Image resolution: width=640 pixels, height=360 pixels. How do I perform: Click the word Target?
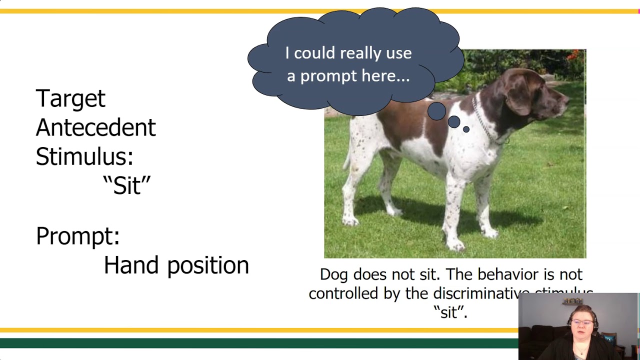click(70, 99)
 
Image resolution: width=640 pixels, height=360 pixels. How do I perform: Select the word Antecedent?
click(95, 128)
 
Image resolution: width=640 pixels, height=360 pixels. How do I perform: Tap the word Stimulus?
click(84, 157)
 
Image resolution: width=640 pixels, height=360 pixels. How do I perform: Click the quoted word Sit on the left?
click(126, 186)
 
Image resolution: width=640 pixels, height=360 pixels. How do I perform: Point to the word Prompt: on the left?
click(78, 236)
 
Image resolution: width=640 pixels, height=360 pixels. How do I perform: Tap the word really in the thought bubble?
click(355, 53)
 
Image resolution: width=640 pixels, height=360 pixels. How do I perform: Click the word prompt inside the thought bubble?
click(330, 76)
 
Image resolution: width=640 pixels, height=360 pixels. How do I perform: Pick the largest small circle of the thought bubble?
click(436, 111)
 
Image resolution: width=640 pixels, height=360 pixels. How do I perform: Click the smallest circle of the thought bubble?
click(466, 129)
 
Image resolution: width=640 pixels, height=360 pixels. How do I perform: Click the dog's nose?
click(566, 100)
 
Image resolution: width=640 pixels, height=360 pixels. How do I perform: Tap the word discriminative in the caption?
click(481, 293)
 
